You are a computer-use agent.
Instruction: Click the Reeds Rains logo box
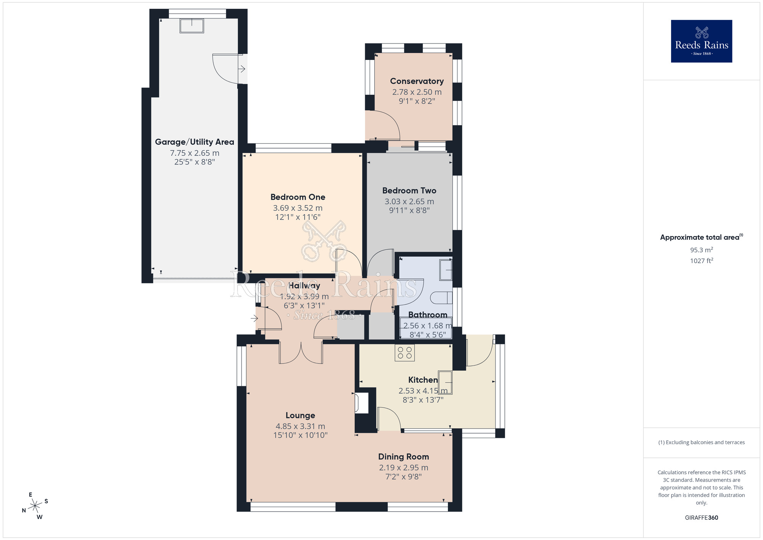[701, 41]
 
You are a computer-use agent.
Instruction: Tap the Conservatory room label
[417, 81]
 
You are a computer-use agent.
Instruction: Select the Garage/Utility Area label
[194, 142]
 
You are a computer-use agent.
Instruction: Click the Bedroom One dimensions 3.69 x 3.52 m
[298, 208]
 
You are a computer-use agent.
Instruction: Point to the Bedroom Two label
[409, 191]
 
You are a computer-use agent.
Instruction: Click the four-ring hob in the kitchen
[405, 352]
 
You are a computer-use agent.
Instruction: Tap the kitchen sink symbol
[445, 382]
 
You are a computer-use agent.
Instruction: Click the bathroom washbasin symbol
[446, 270]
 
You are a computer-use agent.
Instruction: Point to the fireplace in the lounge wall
[361, 403]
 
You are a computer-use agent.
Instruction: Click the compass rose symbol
[35, 506]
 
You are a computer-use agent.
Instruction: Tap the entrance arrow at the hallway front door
[254, 318]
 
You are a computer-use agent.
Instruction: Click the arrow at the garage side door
[242, 69]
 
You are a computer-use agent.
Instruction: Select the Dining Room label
[403, 457]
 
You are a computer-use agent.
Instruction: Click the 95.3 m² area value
[701, 250]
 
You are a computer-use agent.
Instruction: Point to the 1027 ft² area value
[701, 261]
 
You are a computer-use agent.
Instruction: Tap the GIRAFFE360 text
[701, 518]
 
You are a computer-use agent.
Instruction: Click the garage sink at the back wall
[192, 26]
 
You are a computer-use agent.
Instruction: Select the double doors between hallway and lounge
[301, 353]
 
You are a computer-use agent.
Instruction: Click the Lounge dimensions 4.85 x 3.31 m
[300, 426]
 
